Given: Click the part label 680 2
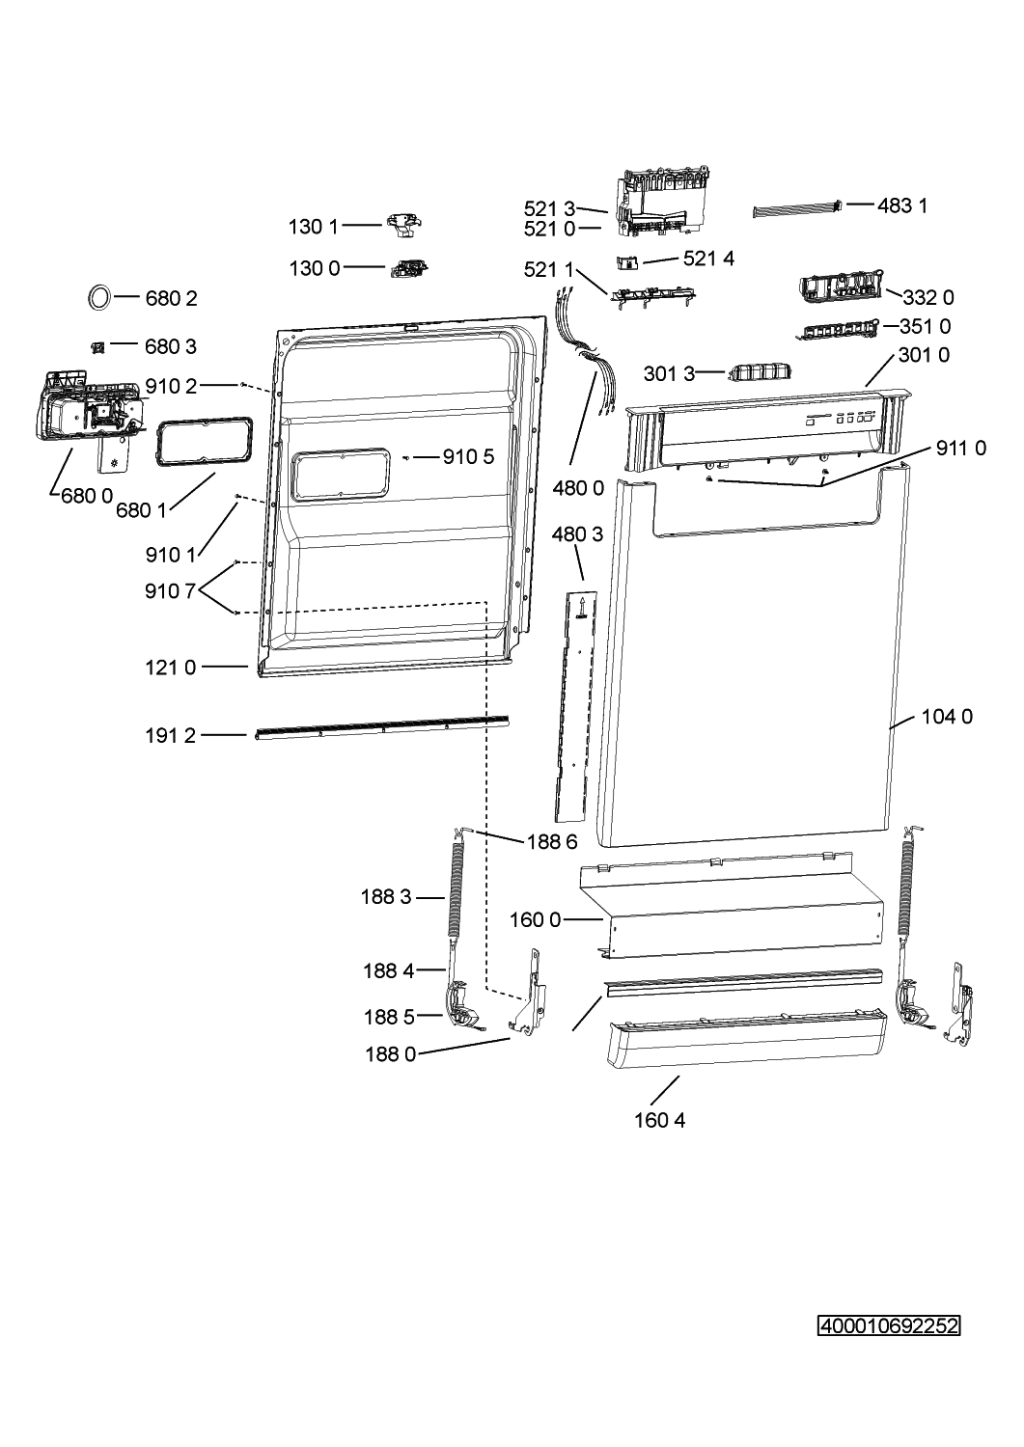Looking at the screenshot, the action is tap(171, 298).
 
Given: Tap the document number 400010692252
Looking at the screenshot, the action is tap(889, 1326).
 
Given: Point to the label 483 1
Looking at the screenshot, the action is tap(901, 206).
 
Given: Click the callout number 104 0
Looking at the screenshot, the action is tap(947, 717).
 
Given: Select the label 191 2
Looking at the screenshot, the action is tap(170, 736).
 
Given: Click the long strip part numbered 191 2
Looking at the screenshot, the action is tap(381, 727).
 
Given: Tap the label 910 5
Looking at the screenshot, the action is tap(468, 457).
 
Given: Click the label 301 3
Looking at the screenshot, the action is tap(669, 373).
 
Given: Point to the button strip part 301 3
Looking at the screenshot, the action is tap(761, 372).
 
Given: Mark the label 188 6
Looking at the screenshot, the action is tap(552, 842).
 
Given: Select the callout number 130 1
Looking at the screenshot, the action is tap(314, 227).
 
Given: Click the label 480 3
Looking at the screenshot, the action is tap(577, 534).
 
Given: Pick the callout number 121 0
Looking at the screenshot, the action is tap(170, 668).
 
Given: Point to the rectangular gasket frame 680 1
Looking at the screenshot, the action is tap(157, 441).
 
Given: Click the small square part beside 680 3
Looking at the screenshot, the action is tap(97, 347).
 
